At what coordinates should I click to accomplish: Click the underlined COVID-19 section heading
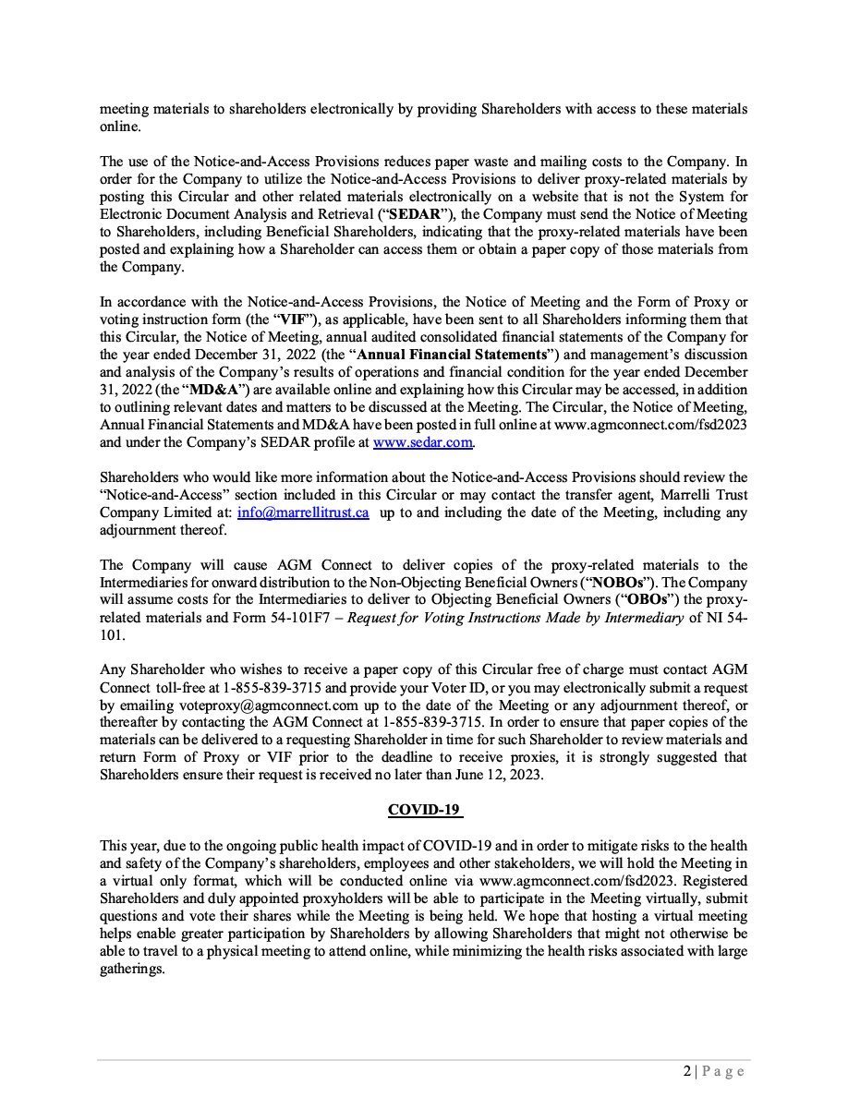click(425, 810)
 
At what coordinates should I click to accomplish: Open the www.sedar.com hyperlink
click(423, 443)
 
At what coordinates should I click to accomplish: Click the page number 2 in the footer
click(686, 1072)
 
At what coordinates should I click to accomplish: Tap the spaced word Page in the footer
click(722, 1072)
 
